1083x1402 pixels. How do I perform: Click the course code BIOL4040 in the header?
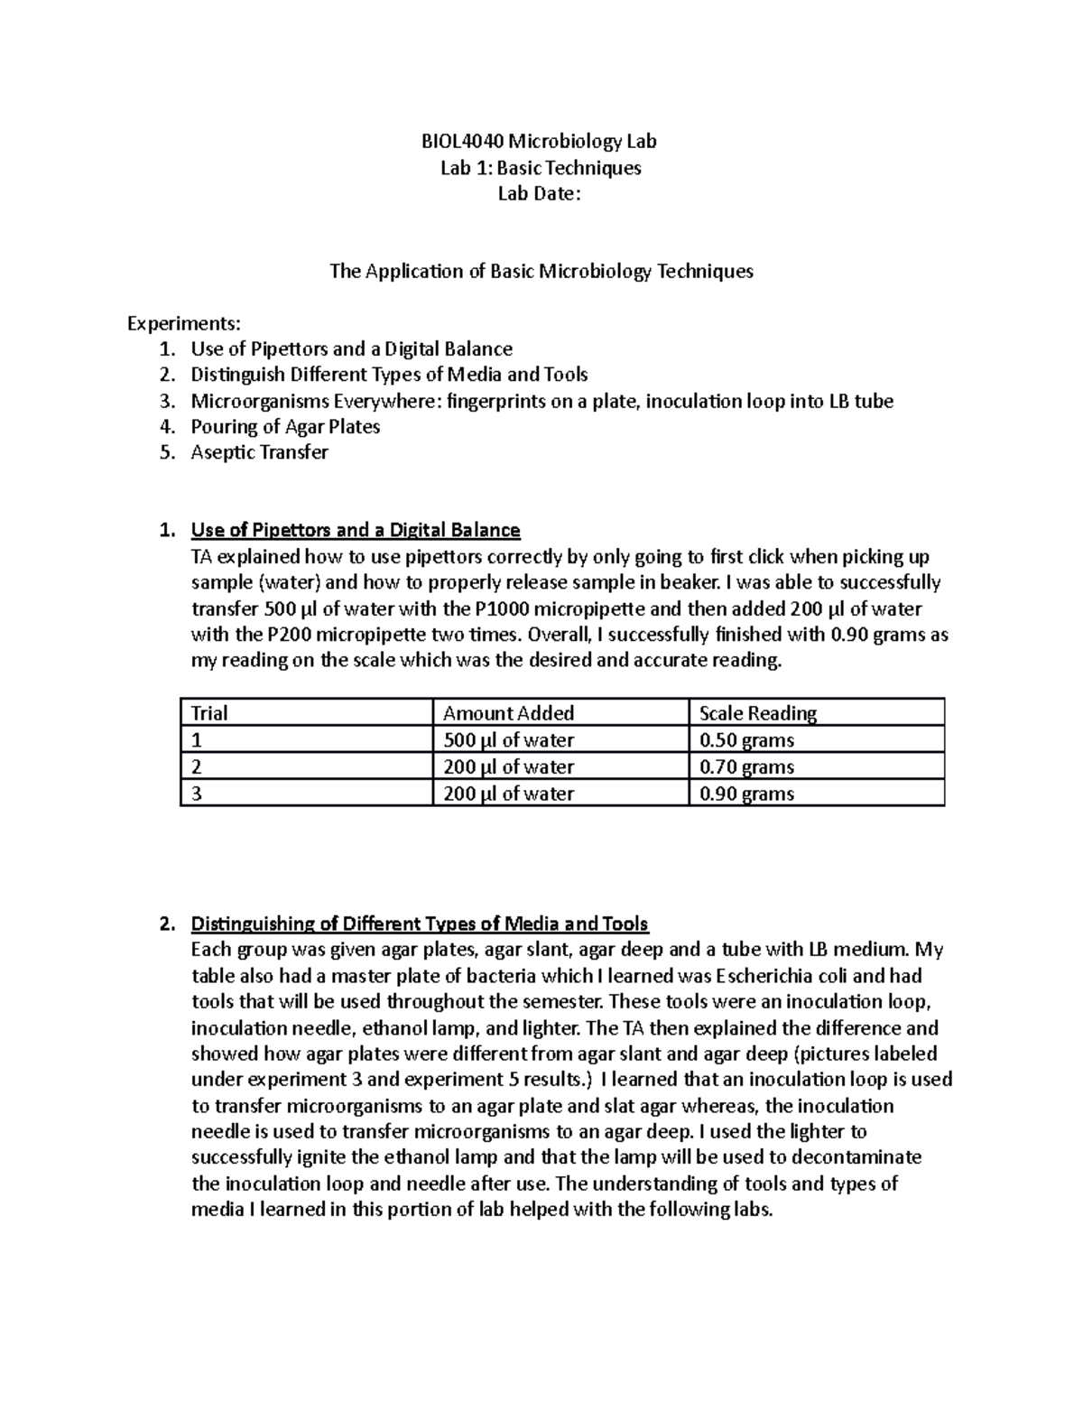[x=462, y=141]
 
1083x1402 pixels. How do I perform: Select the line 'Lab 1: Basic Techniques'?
[x=541, y=167]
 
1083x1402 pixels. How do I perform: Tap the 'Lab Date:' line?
[x=541, y=193]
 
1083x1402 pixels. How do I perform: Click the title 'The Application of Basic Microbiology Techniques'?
[x=541, y=271]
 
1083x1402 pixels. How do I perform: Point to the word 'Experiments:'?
[x=184, y=323]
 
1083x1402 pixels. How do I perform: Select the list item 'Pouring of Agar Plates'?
[x=285, y=427]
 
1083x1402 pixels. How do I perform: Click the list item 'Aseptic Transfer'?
[x=259, y=452]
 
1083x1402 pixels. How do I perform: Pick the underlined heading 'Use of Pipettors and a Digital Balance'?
[x=356, y=530]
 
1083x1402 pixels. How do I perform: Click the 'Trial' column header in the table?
[x=208, y=713]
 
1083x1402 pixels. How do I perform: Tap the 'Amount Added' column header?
[x=508, y=713]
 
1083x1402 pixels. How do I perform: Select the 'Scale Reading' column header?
[x=758, y=713]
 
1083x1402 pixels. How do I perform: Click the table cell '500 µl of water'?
[x=508, y=740]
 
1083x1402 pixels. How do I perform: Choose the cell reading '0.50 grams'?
[x=747, y=740]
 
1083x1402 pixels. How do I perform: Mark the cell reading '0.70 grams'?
[x=747, y=767]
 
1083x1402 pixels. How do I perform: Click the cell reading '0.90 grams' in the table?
[x=747, y=794]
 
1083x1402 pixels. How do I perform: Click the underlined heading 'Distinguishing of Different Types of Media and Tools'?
[x=420, y=924]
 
